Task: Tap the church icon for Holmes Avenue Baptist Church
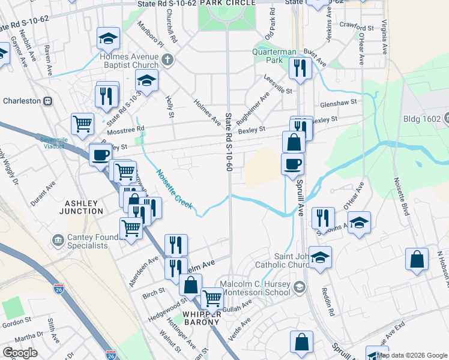(167, 59)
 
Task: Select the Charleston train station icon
(46, 101)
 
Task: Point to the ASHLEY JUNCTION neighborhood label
(81, 207)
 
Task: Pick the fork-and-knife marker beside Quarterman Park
(300, 68)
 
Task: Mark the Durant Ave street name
(43, 194)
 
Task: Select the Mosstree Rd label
(125, 129)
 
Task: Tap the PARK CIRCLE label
(228, 3)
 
